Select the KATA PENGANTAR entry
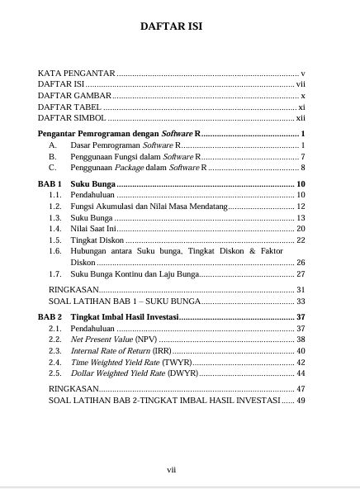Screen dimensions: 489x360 77,74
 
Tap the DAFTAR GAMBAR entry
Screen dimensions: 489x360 75,96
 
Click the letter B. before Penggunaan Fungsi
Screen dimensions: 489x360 52,156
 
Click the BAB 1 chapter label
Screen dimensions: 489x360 51,183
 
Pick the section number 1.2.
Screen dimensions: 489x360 55,206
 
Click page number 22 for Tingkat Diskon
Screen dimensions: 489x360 301,240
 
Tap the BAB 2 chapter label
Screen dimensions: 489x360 51,316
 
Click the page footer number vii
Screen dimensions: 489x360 172,468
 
